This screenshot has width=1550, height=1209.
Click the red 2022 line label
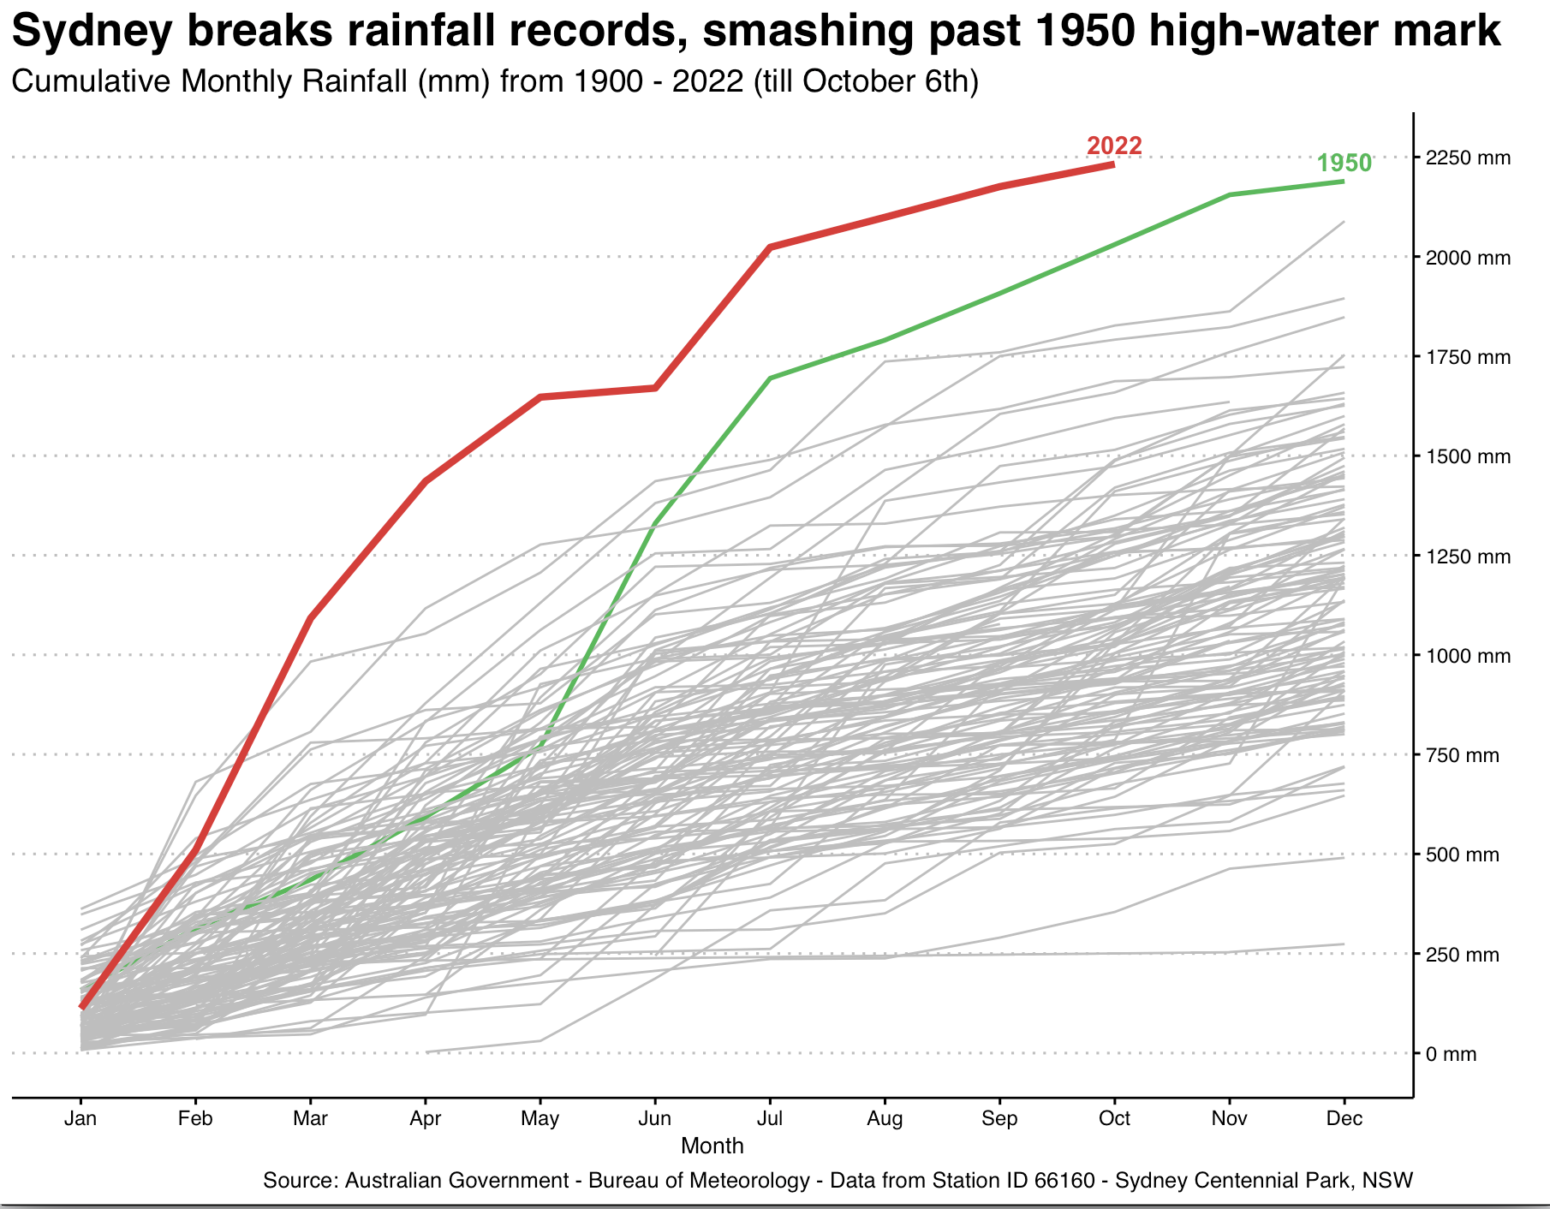click(1114, 146)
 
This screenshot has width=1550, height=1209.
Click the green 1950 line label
click(1344, 163)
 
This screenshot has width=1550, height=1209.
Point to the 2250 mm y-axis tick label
click(1468, 158)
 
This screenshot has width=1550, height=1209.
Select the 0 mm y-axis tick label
click(1451, 1054)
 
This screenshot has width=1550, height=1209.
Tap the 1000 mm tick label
click(1468, 656)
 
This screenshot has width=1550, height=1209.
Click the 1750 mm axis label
click(1468, 357)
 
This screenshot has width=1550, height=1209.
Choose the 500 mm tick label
click(1463, 855)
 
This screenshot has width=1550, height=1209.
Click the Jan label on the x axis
click(80, 1118)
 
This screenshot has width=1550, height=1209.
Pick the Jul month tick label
click(770, 1118)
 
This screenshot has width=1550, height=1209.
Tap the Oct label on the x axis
click(1114, 1118)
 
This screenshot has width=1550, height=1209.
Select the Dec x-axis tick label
click(1344, 1118)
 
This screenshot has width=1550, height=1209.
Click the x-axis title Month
click(712, 1146)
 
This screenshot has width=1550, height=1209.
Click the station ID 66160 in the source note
click(1064, 1181)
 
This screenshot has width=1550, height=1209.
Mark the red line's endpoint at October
click(1113, 164)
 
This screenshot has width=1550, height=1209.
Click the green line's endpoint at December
click(1344, 182)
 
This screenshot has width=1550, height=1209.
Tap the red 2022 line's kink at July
click(770, 247)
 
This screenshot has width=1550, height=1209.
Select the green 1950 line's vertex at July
click(770, 378)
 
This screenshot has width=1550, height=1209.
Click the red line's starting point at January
click(81, 1007)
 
